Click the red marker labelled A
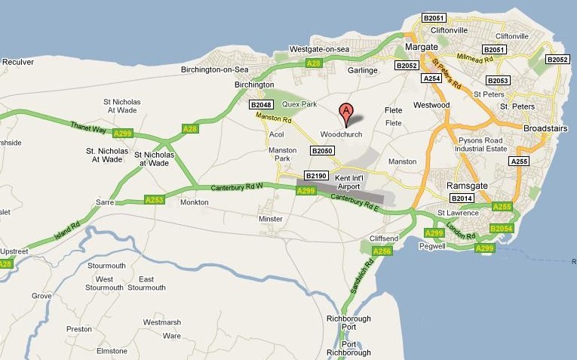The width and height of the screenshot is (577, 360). (x=346, y=113)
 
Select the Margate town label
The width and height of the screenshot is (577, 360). (x=421, y=47)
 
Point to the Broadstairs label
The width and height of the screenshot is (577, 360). (x=547, y=129)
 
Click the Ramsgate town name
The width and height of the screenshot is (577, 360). (x=469, y=186)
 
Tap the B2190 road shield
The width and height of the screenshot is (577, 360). (x=317, y=176)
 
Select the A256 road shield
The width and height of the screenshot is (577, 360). (x=382, y=251)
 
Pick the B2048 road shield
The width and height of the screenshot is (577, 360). (x=261, y=105)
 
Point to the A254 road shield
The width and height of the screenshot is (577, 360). (x=431, y=78)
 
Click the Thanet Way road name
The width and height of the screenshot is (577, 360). (x=84, y=127)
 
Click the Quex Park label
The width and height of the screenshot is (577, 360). (x=299, y=103)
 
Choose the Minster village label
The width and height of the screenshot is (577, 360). (x=270, y=219)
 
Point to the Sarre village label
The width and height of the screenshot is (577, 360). (x=104, y=202)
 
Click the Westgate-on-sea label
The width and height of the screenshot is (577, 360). (x=320, y=49)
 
